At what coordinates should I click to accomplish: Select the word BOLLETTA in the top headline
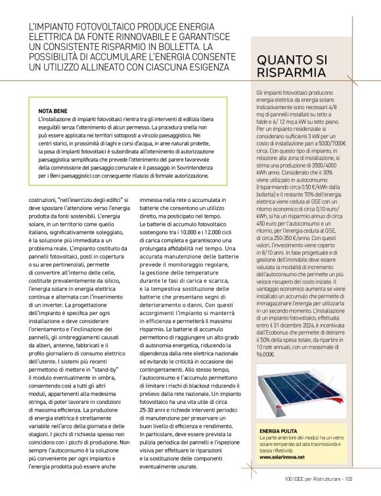(172, 47)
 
